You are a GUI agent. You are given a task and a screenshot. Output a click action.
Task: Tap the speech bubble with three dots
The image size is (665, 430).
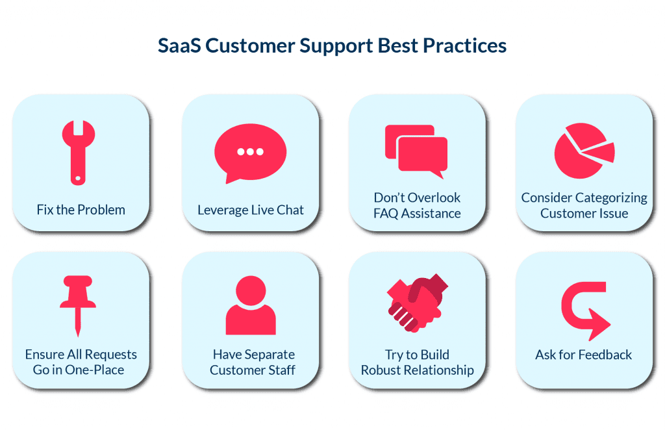(x=250, y=152)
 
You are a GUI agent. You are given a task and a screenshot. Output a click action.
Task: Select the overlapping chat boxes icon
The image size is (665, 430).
(x=416, y=151)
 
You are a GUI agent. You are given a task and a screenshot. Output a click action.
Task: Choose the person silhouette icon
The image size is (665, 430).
(x=251, y=305)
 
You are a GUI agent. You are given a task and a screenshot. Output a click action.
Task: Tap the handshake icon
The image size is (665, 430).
(x=417, y=301)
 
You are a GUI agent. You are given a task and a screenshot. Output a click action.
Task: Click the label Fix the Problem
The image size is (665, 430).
(x=81, y=210)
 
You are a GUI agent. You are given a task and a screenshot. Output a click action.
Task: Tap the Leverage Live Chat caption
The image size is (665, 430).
(x=251, y=210)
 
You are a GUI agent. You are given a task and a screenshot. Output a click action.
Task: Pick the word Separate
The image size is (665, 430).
(x=268, y=355)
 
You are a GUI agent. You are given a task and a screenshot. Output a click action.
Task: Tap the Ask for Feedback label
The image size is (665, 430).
(x=583, y=355)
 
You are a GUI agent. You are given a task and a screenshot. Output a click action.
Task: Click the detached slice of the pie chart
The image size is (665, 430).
(x=599, y=152)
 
